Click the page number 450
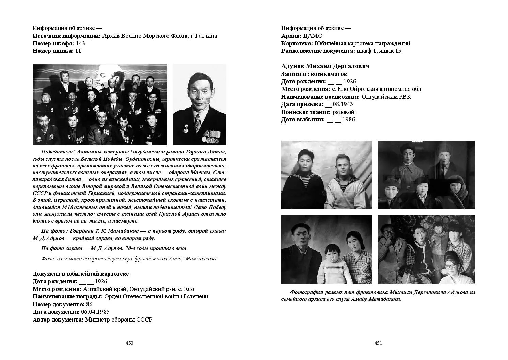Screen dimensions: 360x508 (129, 343)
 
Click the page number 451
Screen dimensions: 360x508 (378, 343)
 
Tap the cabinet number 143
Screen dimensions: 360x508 (80, 43)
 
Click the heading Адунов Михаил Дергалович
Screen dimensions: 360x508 (325, 66)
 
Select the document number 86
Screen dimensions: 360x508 (89, 304)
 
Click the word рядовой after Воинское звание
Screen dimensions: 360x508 (343, 112)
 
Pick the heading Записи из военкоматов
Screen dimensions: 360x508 (314, 74)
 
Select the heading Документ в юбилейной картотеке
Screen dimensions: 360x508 (80, 274)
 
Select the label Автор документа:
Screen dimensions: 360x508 (58, 320)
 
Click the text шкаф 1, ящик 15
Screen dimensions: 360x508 (379, 51)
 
